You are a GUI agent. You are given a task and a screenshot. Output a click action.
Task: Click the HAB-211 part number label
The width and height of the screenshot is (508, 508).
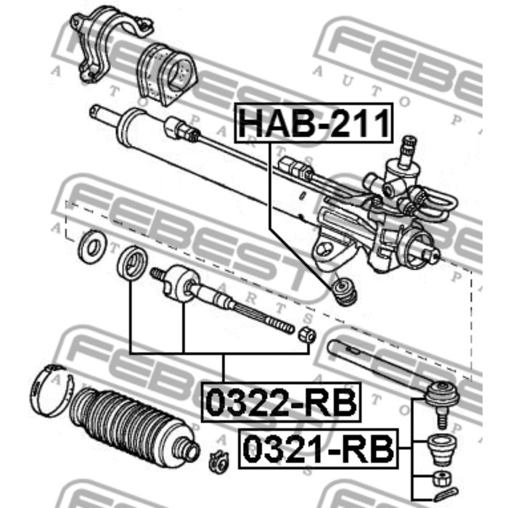point(314,123)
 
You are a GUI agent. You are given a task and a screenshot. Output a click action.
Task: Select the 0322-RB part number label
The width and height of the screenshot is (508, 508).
point(281,402)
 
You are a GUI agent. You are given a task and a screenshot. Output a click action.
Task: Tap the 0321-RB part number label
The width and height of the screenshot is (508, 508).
point(319,448)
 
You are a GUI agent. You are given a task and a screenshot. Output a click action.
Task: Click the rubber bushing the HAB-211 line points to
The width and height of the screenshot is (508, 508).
point(345,291)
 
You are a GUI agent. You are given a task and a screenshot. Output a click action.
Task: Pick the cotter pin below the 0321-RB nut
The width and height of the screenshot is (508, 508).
point(446,495)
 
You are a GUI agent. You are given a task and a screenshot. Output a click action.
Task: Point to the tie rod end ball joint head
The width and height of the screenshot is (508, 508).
point(442,393)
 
